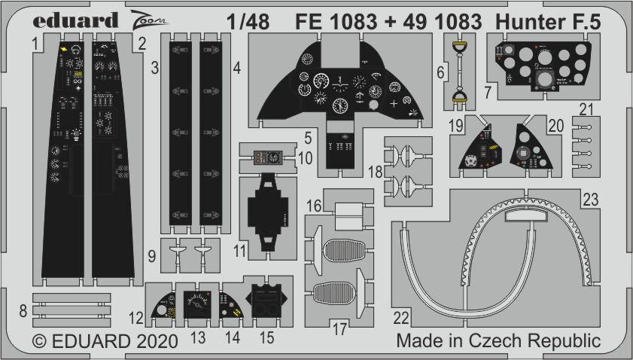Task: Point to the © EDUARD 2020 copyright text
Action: (105, 341)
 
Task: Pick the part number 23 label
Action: (589, 199)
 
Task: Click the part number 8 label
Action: (23, 309)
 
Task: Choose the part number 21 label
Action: (586, 110)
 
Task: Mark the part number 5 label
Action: (309, 138)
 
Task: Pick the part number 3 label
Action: (154, 69)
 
